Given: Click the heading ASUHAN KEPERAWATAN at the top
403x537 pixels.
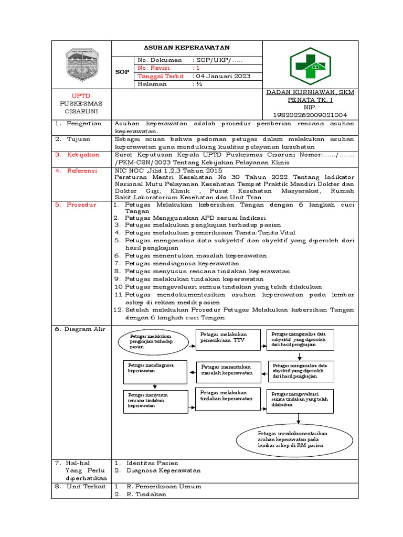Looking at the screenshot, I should point(187,47).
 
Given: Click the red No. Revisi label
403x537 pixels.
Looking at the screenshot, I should point(157,68).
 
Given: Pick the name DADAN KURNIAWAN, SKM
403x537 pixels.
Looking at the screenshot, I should point(310,92).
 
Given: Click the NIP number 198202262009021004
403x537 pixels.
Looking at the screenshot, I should point(310,115).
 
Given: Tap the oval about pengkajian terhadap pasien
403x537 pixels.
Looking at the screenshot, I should point(152,341).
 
